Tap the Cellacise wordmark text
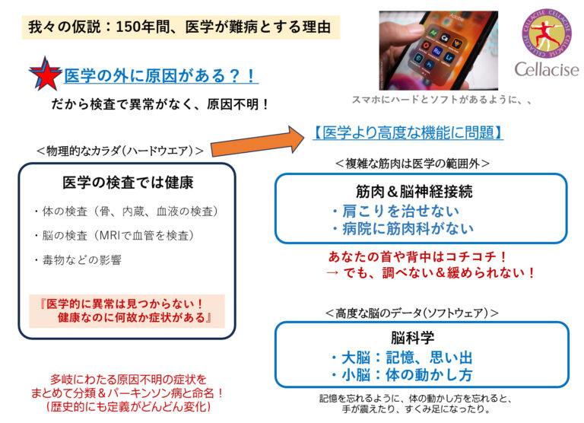point(546,70)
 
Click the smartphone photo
point(438,50)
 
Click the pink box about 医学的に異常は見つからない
point(127,310)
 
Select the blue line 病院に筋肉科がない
point(401,228)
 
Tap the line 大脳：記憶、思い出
point(401,358)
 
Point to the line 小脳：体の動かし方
point(401,375)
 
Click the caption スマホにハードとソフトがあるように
point(441,99)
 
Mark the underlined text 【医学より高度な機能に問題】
point(408,132)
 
